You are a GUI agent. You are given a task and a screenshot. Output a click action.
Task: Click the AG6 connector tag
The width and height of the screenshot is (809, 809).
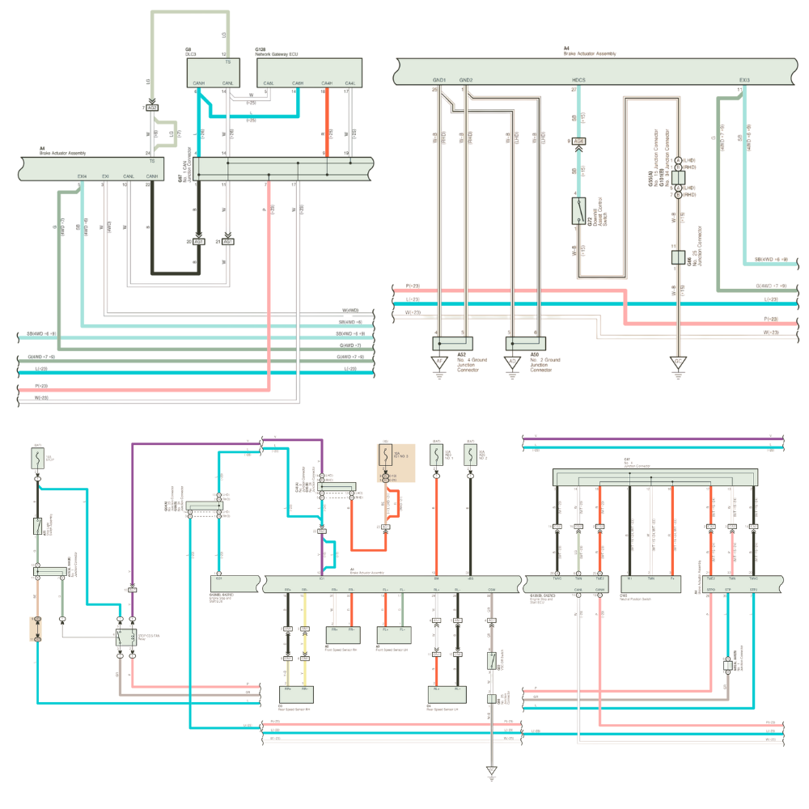[x=578, y=141]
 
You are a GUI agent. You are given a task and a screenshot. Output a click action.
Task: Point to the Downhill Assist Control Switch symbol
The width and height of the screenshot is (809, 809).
[x=578, y=212]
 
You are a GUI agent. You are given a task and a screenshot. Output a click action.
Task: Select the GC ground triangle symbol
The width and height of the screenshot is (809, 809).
[x=678, y=362]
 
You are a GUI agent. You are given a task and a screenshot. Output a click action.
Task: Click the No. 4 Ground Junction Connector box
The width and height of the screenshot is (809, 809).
[x=450, y=343]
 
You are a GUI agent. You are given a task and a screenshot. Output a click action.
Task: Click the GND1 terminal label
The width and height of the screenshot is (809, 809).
[x=439, y=80]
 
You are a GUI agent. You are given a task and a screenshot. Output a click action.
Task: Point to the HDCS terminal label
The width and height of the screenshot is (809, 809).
[x=578, y=80]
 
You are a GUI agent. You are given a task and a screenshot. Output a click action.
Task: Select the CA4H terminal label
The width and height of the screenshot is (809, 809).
[x=327, y=83]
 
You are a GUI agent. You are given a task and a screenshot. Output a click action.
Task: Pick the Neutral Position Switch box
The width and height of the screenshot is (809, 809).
[x=650, y=582]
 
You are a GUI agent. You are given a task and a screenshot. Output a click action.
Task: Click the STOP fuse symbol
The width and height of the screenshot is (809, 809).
[x=38, y=460]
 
